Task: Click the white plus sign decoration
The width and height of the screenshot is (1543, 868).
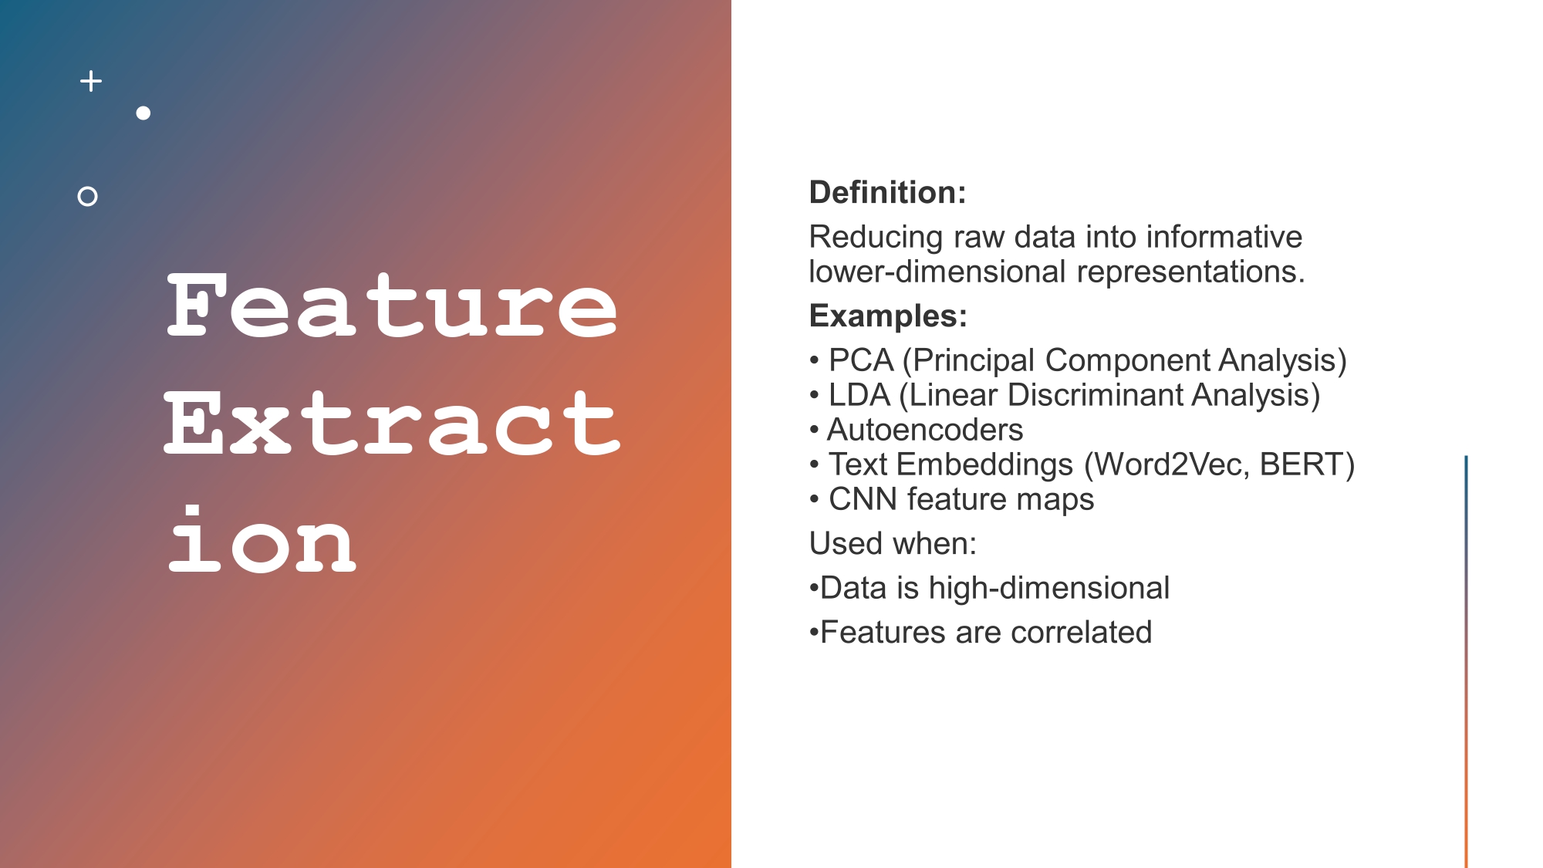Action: tap(91, 81)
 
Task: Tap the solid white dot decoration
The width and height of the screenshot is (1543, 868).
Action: tap(143, 113)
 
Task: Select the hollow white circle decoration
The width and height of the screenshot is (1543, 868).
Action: tap(88, 197)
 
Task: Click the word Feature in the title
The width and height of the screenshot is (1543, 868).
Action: tap(392, 307)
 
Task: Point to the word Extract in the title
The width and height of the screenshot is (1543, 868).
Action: tap(392, 424)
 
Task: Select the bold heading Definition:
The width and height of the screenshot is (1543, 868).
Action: tap(887, 192)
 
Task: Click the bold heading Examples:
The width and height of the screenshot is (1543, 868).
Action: tap(888, 316)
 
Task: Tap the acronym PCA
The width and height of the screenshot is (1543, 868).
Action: tap(861, 360)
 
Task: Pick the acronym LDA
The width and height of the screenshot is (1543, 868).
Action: tap(859, 395)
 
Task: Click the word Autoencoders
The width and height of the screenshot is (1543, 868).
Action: tap(925, 430)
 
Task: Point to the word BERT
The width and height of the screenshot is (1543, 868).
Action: tap(1302, 464)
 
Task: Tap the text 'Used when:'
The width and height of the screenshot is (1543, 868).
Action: tap(893, 544)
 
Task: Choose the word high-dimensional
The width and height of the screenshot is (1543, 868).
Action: tap(1049, 588)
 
